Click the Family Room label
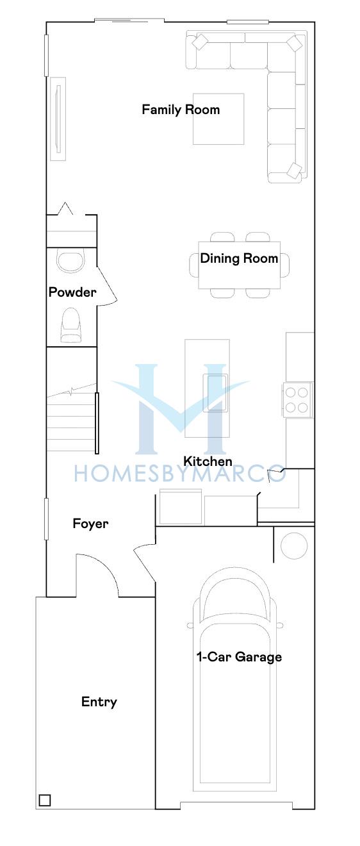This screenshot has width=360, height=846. click(x=181, y=110)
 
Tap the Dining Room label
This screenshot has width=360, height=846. click(x=239, y=258)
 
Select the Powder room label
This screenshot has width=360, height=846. click(x=72, y=292)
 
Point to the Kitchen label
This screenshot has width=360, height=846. click(x=208, y=461)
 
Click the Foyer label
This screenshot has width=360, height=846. click(x=90, y=524)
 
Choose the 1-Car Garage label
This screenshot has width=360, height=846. click(x=239, y=657)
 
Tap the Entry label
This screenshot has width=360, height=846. click(x=99, y=702)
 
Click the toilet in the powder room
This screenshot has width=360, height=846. click(x=70, y=326)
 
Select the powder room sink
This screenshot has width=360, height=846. click(x=71, y=260)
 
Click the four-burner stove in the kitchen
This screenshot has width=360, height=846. click(x=297, y=400)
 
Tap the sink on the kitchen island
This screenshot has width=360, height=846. click(x=215, y=392)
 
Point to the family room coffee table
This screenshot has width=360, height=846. click(x=218, y=119)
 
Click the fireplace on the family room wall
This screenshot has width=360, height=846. click(x=58, y=119)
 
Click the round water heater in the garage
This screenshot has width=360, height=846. click(x=294, y=545)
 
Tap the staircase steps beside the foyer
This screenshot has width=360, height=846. click(x=71, y=419)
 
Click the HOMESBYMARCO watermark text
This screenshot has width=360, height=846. click(x=179, y=474)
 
